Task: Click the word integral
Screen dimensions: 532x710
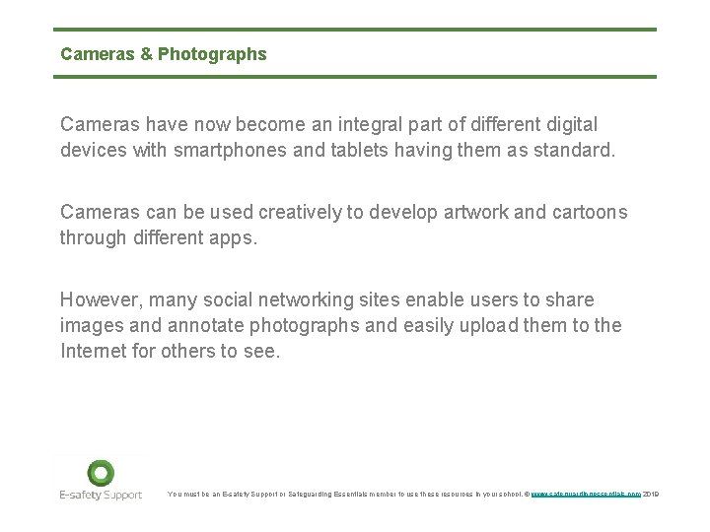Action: [x=371, y=126]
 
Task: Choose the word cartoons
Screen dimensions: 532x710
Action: [x=590, y=213]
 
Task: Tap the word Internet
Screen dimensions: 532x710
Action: [x=95, y=350]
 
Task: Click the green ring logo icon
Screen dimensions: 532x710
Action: [x=101, y=473]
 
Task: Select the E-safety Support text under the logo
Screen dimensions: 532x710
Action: [x=100, y=495]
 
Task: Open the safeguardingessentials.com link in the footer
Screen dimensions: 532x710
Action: [x=586, y=494]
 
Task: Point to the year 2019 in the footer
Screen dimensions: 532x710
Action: [x=650, y=494]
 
